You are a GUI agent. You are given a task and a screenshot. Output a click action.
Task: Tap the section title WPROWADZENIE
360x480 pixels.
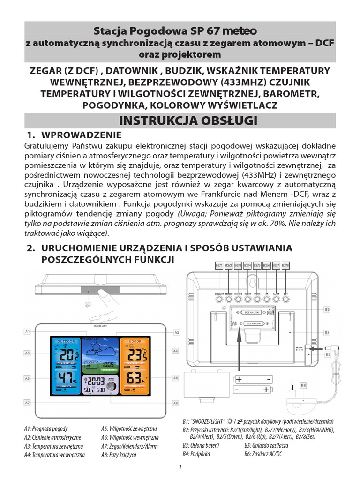[82, 135]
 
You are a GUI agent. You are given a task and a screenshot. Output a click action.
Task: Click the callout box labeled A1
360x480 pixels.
[28, 332]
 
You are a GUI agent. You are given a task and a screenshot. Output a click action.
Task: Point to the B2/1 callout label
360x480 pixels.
[219, 265]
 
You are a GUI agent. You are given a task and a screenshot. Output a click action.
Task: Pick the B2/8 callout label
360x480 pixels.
[285, 265]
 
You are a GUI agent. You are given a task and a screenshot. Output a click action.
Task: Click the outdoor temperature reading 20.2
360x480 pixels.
[66, 353]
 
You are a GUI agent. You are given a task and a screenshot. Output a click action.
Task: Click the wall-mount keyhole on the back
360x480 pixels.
[252, 282]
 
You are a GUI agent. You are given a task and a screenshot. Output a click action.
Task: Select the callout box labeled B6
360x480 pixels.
[303, 385]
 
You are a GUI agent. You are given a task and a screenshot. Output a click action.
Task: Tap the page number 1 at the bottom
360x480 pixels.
[180, 468]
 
